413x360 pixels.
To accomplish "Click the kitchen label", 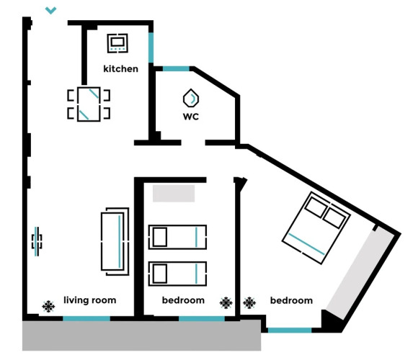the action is (x=120, y=68).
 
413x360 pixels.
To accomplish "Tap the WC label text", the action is (x=191, y=117).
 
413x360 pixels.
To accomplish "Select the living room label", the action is (x=90, y=300).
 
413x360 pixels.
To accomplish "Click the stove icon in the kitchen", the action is (x=117, y=43).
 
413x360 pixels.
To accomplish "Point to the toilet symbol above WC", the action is (x=191, y=98).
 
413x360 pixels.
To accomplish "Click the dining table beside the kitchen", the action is (x=89, y=104).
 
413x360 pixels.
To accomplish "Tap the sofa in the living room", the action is (x=115, y=242).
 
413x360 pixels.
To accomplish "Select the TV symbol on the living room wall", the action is (x=37, y=241).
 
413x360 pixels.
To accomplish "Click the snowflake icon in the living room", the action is (x=48, y=306).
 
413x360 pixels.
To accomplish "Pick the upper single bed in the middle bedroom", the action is (x=177, y=237).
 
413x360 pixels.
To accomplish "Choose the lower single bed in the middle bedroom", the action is (x=177, y=274).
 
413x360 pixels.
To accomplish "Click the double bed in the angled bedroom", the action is (x=316, y=228).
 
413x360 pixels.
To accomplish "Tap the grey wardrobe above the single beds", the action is (x=174, y=194).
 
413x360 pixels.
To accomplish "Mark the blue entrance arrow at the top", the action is (x=50, y=11).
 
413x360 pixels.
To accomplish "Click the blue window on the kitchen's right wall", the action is (x=151, y=48).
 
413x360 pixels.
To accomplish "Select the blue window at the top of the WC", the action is (x=176, y=69).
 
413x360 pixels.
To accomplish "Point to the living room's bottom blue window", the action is (x=86, y=319).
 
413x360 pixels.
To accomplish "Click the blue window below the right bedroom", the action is (x=290, y=330).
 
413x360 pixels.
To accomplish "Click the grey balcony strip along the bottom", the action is (x=142, y=336).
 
